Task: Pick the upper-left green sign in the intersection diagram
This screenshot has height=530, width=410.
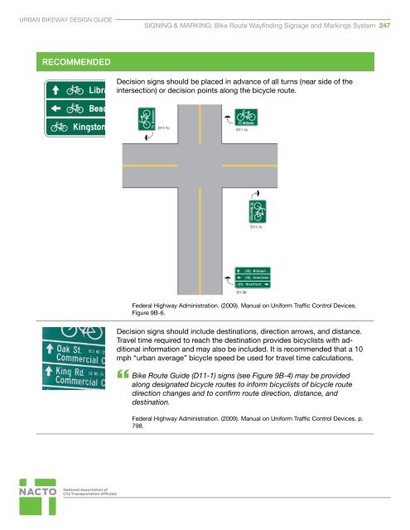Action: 147,118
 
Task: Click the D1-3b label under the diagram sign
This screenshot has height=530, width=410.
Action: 242,292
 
